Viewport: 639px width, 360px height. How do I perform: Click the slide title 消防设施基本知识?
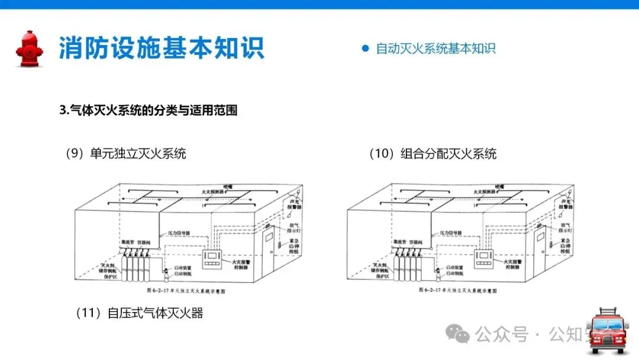click(x=162, y=48)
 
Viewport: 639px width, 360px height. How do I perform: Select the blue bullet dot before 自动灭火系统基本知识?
click(x=365, y=49)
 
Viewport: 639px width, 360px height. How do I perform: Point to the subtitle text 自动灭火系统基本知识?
click(x=436, y=49)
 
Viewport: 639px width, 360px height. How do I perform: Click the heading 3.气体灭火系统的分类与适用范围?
click(x=149, y=110)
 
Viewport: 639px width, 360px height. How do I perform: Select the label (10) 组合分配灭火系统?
click(x=433, y=154)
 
